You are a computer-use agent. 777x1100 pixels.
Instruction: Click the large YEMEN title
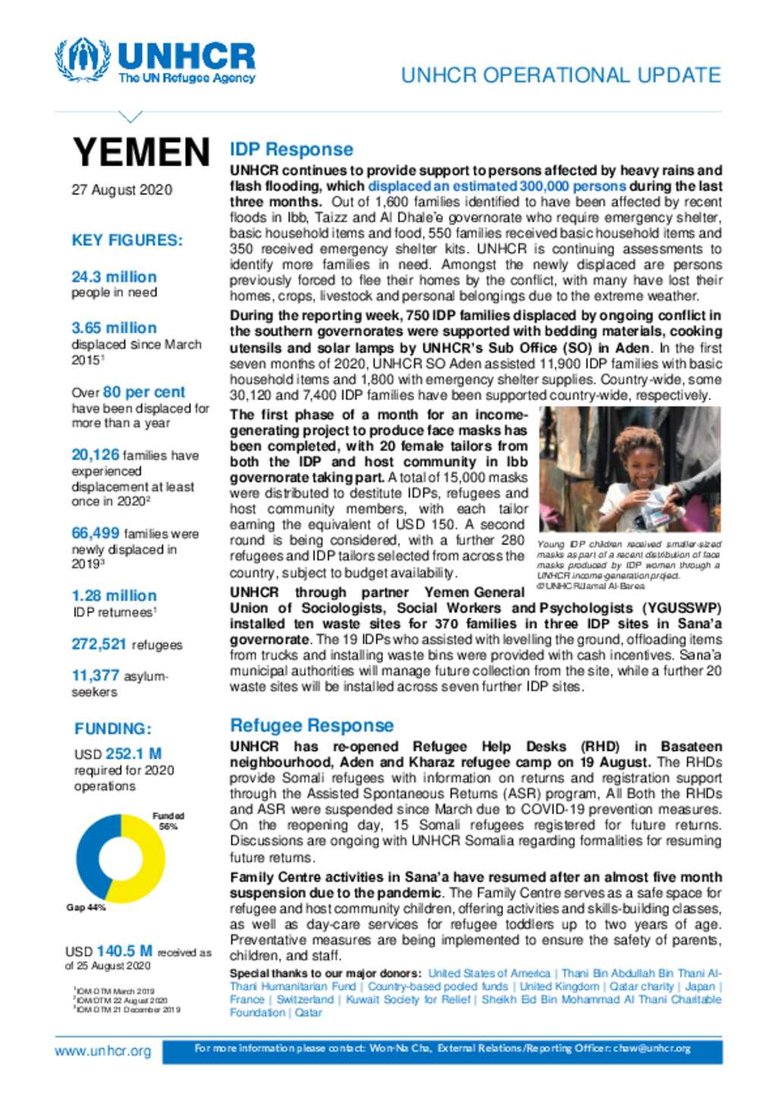[x=141, y=152]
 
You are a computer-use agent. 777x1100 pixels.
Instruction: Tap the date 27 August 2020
[x=121, y=190]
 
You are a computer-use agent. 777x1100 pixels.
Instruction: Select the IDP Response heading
[x=291, y=150]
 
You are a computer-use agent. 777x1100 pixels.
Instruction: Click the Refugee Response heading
[x=311, y=725]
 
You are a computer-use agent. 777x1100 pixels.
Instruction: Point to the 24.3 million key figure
[x=114, y=277]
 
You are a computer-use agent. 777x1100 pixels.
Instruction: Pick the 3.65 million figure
[x=114, y=328]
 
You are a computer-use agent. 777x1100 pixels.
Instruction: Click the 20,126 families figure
[x=96, y=455]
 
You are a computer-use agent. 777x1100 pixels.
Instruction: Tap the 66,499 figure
[x=96, y=534]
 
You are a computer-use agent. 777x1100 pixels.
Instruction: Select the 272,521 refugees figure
[x=99, y=645]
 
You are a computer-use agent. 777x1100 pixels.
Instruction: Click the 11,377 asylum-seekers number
[x=96, y=676]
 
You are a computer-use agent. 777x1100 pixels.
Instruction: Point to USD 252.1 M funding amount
[x=118, y=754]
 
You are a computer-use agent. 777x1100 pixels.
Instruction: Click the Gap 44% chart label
[x=86, y=908]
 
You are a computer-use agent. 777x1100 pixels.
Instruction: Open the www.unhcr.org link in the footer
[x=102, y=1051]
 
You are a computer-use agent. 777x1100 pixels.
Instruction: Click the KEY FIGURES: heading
[x=127, y=241]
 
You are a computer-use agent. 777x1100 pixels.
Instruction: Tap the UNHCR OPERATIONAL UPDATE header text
[x=561, y=75]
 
